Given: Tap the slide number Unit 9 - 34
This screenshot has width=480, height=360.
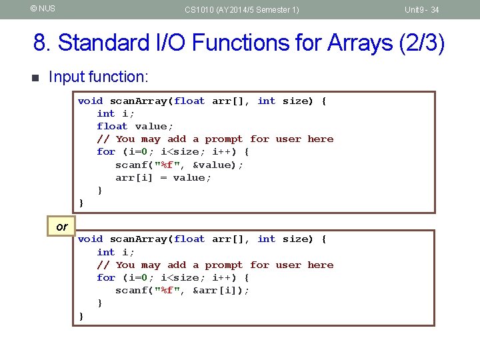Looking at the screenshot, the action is coord(421,9).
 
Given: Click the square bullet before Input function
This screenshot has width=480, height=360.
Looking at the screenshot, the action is coord(36,77).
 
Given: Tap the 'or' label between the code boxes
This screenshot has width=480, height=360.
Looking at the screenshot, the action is coord(62,227).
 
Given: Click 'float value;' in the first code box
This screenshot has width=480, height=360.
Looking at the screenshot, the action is coord(135,126).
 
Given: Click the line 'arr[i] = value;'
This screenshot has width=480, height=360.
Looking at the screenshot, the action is coord(163,177).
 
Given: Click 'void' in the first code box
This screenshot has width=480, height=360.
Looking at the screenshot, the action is coord(90,101).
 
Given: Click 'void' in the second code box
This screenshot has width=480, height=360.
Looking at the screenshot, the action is coord(90,239).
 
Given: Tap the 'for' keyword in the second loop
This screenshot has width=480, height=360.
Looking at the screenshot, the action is coord(106,277).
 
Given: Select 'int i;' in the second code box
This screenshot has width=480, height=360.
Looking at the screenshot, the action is coord(115,252).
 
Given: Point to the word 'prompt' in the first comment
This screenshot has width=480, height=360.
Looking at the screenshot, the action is coord(224,139).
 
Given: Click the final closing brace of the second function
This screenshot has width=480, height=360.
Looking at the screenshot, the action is coord(81,315).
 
